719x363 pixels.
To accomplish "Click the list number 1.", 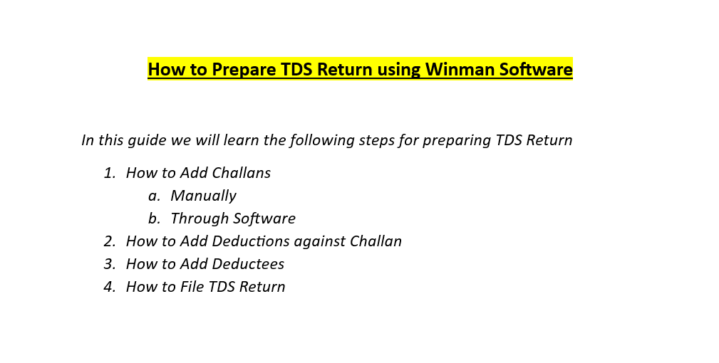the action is click(x=109, y=173).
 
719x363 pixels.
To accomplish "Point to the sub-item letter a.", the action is click(x=154, y=196).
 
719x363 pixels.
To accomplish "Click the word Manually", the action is click(x=204, y=196).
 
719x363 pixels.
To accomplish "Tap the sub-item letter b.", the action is click(x=154, y=219).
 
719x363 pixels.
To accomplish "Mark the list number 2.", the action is click(x=110, y=241).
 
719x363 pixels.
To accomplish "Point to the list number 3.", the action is click(x=110, y=264).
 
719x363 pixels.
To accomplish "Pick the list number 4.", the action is click(x=110, y=287).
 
